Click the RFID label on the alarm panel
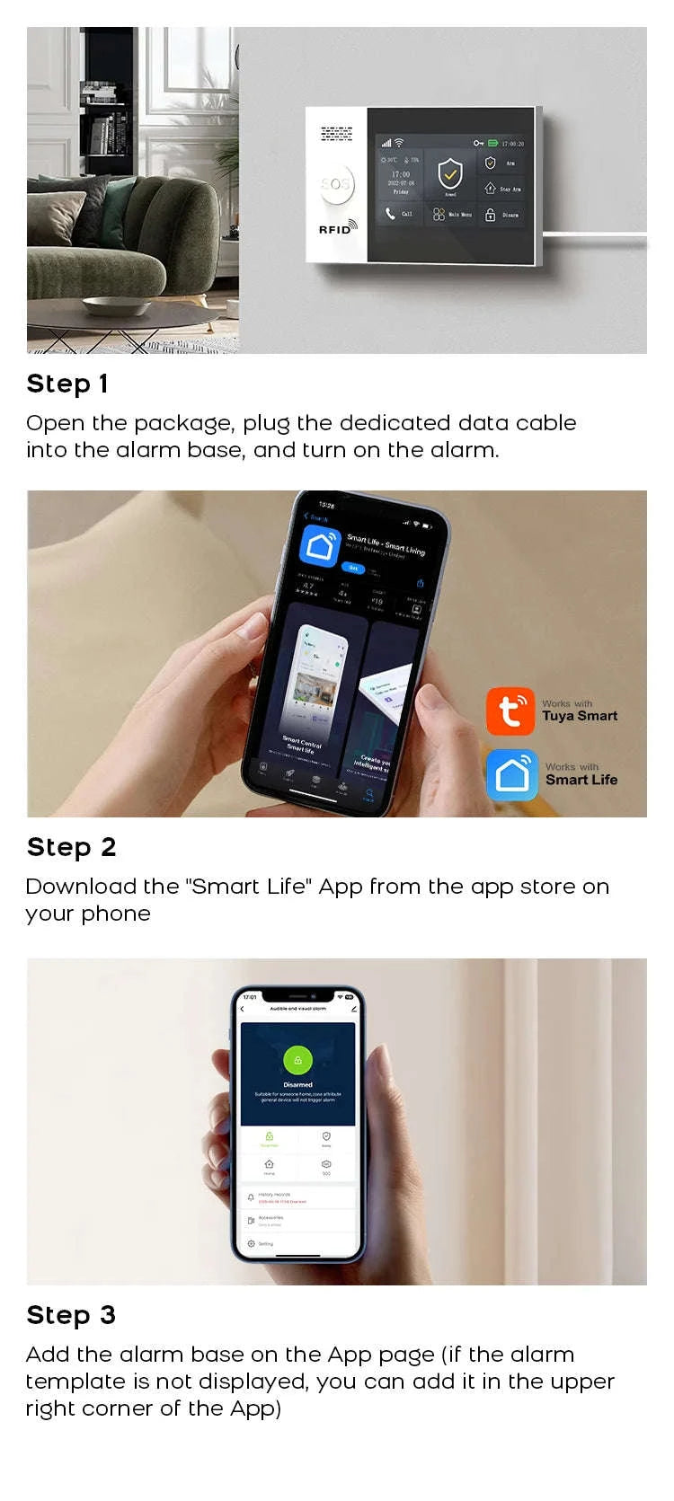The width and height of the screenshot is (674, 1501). (x=336, y=229)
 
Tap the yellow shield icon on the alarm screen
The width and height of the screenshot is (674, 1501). (x=450, y=173)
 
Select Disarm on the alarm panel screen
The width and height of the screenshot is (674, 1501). (x=501, y=215)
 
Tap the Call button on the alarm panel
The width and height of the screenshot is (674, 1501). (x=399, y=214)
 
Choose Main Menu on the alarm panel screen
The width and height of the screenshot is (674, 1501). (x=451, y=215)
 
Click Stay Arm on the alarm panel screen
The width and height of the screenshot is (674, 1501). (x=501, y=189)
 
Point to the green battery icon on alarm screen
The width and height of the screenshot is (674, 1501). (x=492, y=143)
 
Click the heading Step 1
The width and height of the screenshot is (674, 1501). (x=67, y=384)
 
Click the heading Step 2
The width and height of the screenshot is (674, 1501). (x=71, y=847)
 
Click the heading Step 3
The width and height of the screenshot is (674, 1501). (x=71, y=1315)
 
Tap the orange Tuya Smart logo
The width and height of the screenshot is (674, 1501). (x=510, y=711)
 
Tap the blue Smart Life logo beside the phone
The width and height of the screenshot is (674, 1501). (x=512, y=774)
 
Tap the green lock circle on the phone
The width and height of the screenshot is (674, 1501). (x=297, y=1060)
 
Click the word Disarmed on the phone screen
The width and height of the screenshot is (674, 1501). (x=297, y=1084)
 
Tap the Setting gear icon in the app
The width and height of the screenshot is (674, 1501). (x=251, y=1244)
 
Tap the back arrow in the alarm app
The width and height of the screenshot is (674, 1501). (x=243, y=1010)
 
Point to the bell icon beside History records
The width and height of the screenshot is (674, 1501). (x=251, y=1197)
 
